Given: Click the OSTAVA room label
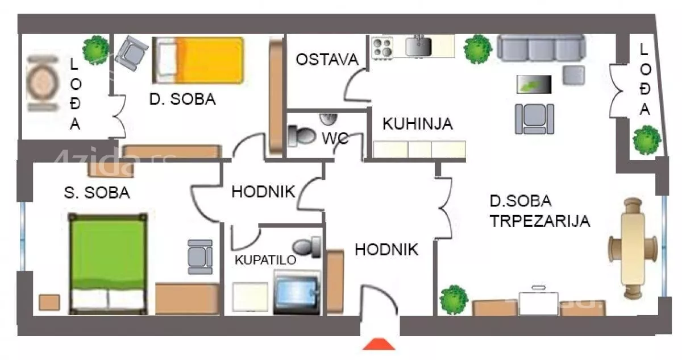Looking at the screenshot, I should click(x=327, y=59).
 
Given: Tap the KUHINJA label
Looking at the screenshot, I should click(x=417, y=123).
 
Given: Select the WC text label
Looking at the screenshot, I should click(x=335, y=138).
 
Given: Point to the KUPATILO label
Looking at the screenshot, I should click(x=266, y=260).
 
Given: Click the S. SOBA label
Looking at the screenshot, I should click(x=97, y=193).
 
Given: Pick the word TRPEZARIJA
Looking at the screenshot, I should click(x=540, y=221).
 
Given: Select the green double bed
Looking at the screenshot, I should click(x=109, y=263).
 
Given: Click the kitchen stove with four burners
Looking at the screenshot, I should click(x=382, y=47).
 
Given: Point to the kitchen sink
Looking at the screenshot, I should click(x=420, y=45).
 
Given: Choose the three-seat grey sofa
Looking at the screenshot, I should click(x=540, y=47).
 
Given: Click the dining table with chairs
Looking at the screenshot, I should click(x=633, y=248).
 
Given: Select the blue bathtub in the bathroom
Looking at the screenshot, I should click(x=295, y=292).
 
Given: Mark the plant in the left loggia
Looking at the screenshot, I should click(x=95, y=49).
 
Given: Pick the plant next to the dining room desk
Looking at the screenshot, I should click(x=454, y=299).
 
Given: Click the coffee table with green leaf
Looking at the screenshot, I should click(x=534, y=84).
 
